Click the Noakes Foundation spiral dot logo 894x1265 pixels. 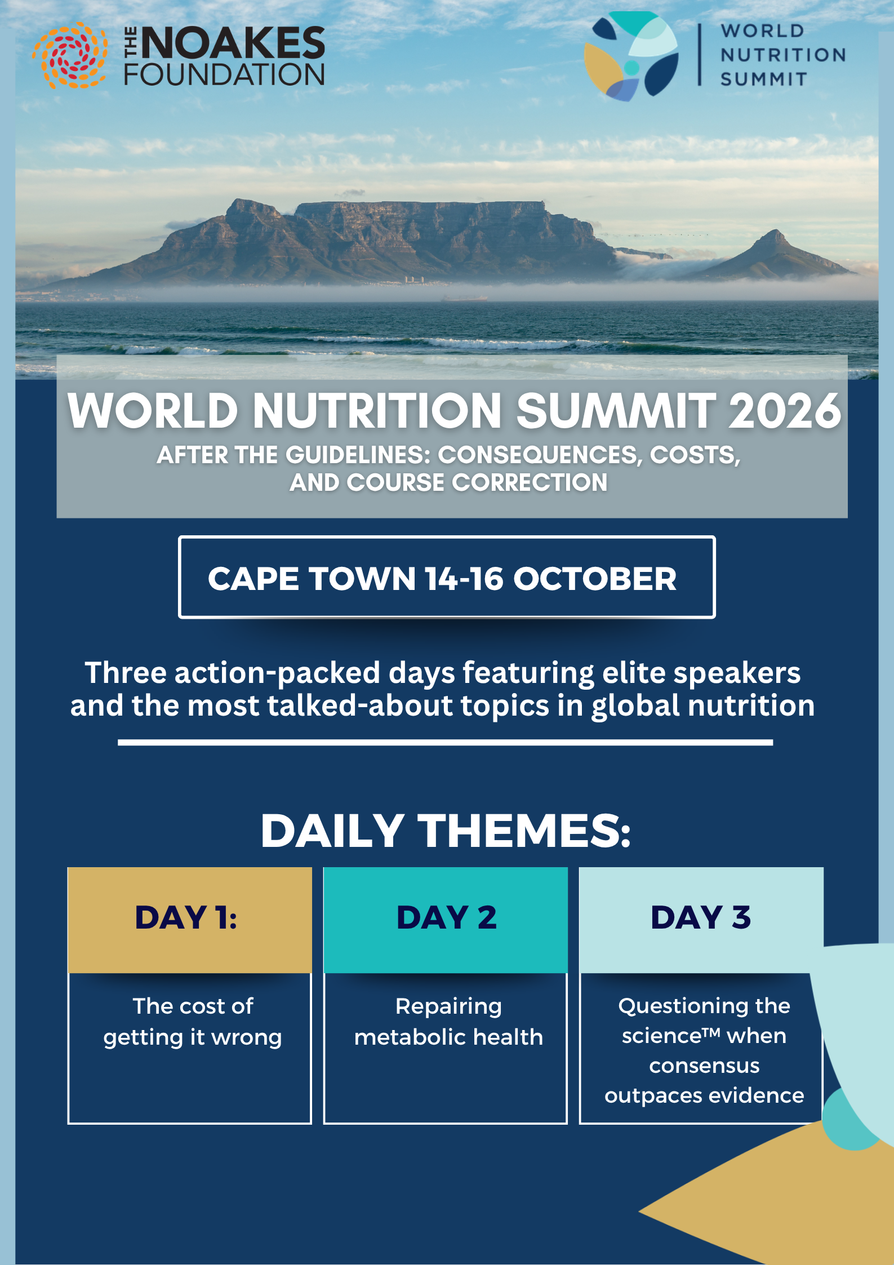click(x=70, y=55)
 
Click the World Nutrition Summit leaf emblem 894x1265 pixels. click(x=631, y=56)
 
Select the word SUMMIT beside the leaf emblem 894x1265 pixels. click(x=764, y=79)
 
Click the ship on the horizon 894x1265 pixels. click(x=464, y=298)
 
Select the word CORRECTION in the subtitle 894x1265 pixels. click(x=530, y=482)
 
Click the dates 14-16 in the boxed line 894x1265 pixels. click(x=464, y=579)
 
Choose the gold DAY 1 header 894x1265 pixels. click(x=190, y=920)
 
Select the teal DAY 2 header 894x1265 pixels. click(x=446, y=920)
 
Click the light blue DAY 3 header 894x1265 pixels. click(x=701, y=920)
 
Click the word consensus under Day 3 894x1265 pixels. click(x=704, y=1066)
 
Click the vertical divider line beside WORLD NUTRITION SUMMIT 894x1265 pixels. click(x=700, y=55)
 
